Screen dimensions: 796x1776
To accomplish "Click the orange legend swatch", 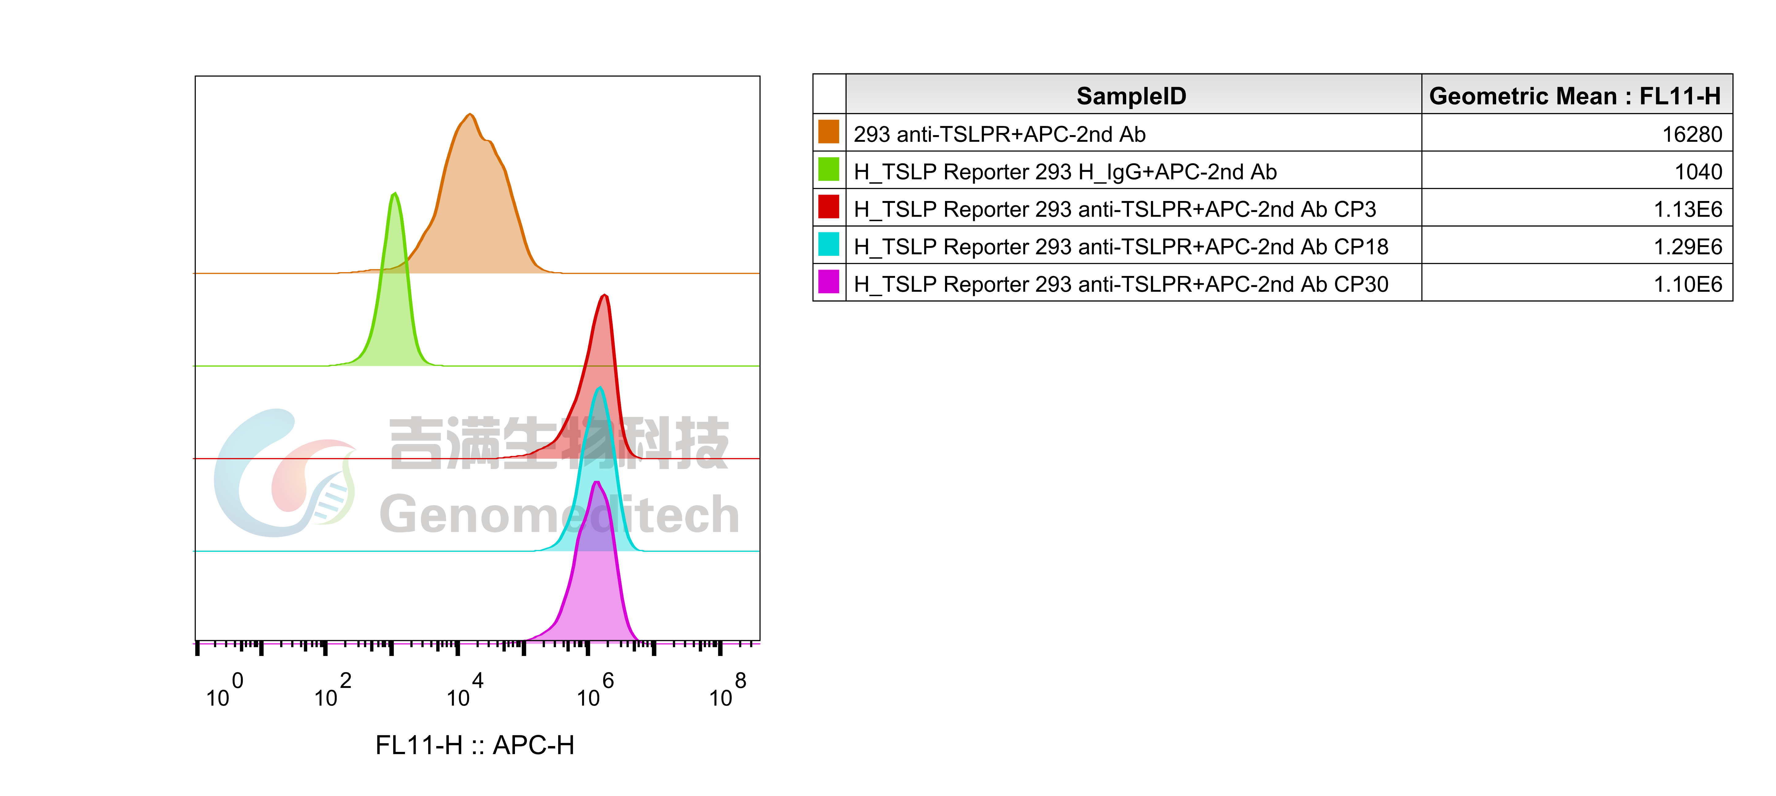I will coord(828,131).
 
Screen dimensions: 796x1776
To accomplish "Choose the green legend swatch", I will coord(828,169).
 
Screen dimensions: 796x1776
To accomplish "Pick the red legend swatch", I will coord(828,206).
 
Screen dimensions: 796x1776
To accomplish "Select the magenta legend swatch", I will coord(828,281).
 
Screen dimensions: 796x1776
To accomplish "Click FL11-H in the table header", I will coord(1679,96).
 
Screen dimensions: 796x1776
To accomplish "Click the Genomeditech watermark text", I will coord(558,515).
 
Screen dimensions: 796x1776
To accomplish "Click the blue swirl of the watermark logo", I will coord(234,483).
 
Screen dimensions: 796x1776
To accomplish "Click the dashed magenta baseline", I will coord(345,644).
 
